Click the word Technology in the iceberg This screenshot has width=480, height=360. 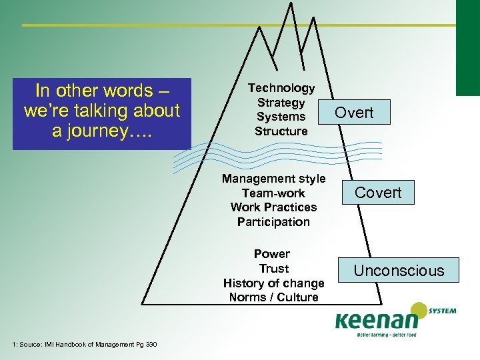coord(281,88)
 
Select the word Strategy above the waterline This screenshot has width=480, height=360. coord(281,103)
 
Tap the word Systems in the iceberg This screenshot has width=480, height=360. coord(281,117)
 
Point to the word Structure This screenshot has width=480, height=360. coord(281,131)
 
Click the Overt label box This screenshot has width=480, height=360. coord(354,113)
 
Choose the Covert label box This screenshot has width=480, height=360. coord(378,193)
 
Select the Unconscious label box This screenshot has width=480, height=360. coord(399,270)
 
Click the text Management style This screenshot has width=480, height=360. coord(273,179)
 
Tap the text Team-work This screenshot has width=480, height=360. coord(273,193)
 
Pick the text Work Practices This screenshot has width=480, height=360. coord(273,207)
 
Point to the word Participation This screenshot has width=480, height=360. coord(273,222)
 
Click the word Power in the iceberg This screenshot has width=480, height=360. coord(272,254)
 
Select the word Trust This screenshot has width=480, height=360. coord(273,269)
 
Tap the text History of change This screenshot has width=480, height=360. coord(273,283)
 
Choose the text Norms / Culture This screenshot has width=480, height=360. coord(273,297)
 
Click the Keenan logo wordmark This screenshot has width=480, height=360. coord(373,319)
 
